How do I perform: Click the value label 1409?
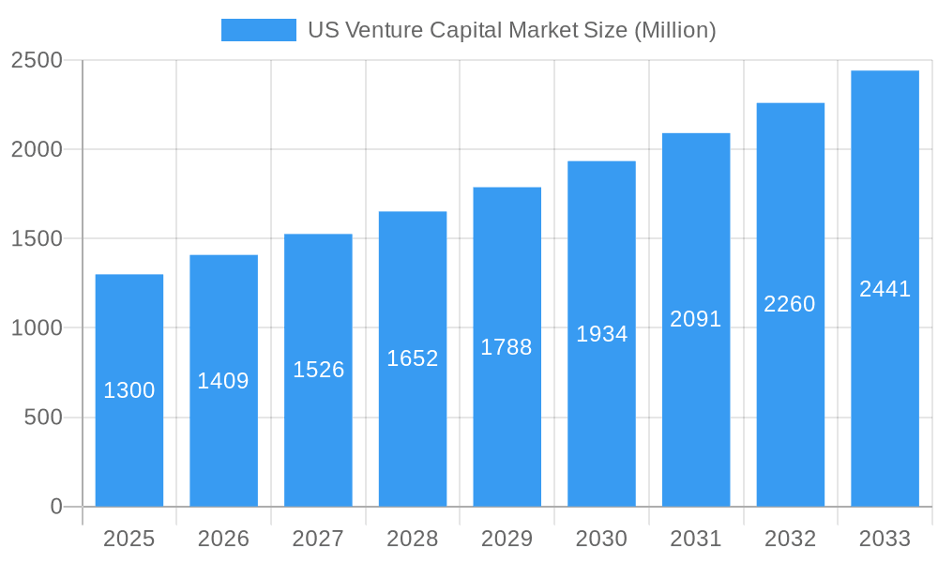(223, 381)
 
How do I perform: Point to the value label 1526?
(319, 370)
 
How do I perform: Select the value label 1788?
(507, 347)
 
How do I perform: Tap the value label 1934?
(601, 334)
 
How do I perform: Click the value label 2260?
(790, 304)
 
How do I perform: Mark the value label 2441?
(885, 289)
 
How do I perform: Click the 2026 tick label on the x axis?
(223, 539)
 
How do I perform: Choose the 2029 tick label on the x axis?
(507, 539)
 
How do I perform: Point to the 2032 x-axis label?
(790, 539)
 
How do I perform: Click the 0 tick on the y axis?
(55, 507)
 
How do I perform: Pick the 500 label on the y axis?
(42, 418)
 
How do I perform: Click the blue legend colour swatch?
(258, 30)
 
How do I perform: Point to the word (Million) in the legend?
(675, 30)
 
